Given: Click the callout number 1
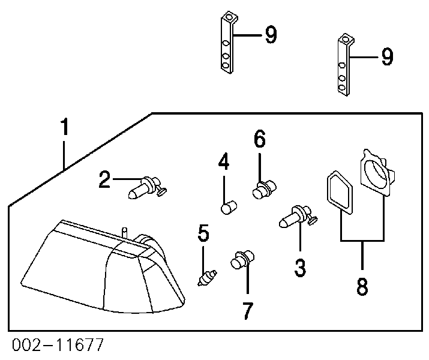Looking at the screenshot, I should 64,128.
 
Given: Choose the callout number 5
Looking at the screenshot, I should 204,233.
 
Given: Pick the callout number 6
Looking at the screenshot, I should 259,140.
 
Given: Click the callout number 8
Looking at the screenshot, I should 362,286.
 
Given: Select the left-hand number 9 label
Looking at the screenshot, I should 270,35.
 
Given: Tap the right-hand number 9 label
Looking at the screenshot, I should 386,57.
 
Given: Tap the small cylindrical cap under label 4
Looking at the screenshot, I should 226,208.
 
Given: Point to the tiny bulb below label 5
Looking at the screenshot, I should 207,278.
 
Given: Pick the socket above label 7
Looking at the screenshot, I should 241,262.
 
